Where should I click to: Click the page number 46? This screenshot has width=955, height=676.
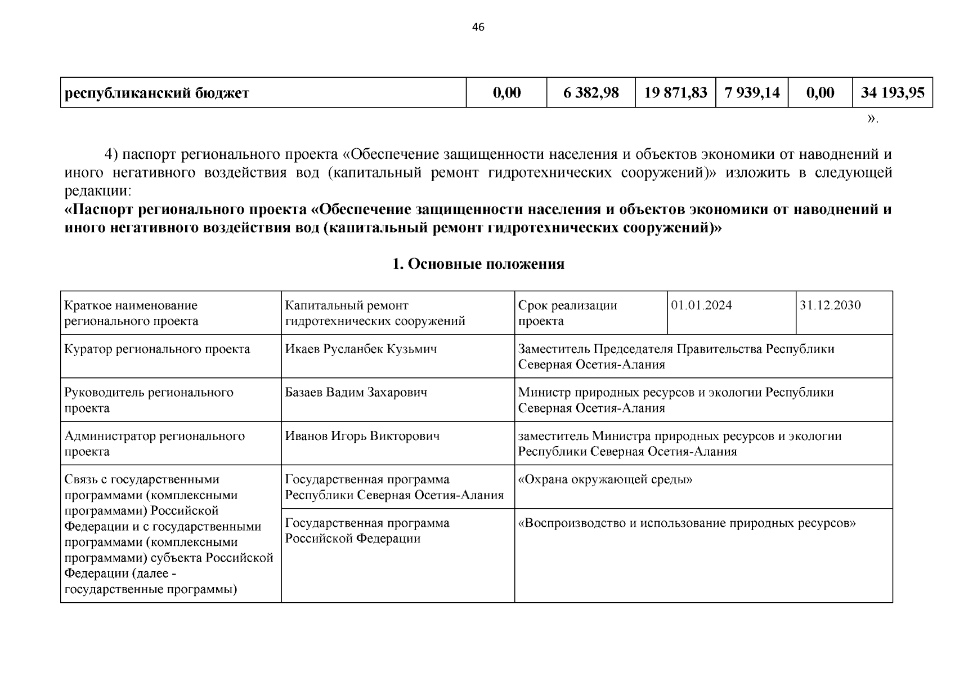[478, 28]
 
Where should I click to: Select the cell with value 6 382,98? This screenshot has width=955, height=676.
[591, 92]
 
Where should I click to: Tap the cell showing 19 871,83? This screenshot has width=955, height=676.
[675, 92]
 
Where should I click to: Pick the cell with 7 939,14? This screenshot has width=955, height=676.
[752, 92]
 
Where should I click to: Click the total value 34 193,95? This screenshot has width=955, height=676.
[893, 92]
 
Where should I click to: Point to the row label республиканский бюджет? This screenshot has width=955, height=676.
[157, 93]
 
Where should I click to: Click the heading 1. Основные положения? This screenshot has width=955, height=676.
[478, 264]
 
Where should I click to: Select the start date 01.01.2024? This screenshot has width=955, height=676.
[701, 305]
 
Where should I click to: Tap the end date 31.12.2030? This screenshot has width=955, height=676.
[830, 305]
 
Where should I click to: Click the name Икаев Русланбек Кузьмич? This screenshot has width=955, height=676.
[361, 349]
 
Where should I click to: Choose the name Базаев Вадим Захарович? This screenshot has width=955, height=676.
[356, 392]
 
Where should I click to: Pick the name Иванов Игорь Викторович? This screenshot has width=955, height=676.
[362, 435]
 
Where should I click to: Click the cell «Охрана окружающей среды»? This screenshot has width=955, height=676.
[605, 479]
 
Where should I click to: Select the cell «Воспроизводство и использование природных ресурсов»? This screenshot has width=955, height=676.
[687, 523]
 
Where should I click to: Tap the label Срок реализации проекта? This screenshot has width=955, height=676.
[567, 313]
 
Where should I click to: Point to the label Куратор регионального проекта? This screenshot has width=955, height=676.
[157, 349]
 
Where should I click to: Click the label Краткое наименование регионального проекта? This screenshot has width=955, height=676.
[131, 313]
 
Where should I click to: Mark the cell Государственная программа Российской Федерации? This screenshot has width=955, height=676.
[367, 531]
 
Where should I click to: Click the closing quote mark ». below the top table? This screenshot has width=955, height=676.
[872, 119]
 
